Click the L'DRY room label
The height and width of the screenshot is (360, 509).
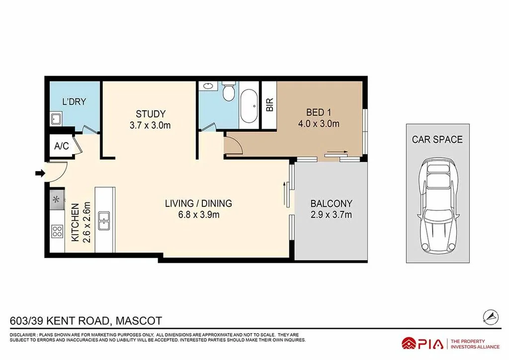(x=74, y=102)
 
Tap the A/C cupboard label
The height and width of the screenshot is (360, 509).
(x=62, y=146)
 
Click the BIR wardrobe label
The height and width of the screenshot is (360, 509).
(x=270, y=105)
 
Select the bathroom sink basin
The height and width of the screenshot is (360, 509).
(x=207, y=87)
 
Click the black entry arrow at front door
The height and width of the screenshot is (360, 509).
(x=39, y=174)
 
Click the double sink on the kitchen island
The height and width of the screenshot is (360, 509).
(x=104, y=221)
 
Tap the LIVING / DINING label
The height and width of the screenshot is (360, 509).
(x=199, y=203)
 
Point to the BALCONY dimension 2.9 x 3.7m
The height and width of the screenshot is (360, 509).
(x=331, y=215)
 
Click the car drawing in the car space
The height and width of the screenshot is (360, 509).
(x=437, y=205)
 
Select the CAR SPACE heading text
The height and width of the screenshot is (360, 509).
(x=437, y=139)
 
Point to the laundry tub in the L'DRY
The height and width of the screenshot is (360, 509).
(x=56, y=119)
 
